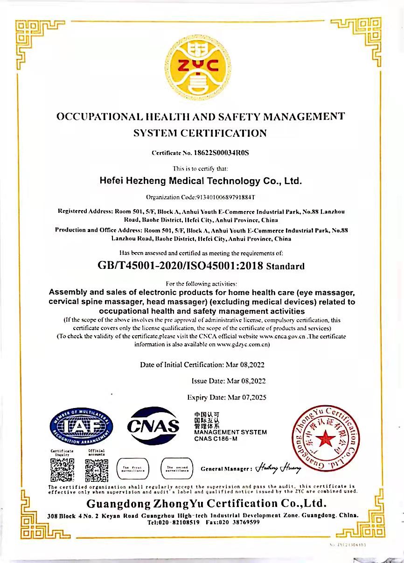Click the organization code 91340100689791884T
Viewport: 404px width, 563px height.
coord(225,197)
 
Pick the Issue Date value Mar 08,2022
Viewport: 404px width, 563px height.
coord(246,381)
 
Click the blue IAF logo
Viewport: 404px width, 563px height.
coord(82,425)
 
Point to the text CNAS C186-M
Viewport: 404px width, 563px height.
coord(216,439)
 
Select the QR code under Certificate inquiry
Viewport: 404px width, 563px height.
coord(62,470)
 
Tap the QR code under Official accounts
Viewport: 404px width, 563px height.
coord(97,470)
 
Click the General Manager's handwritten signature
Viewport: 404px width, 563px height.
coord(278,468)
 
